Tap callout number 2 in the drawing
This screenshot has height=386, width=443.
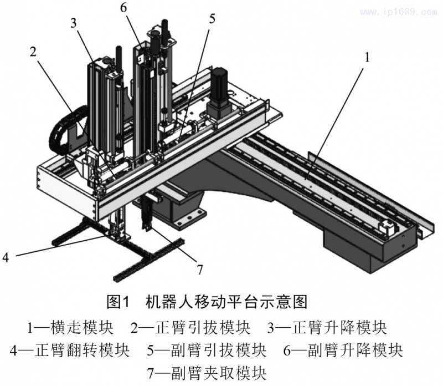[x=33, y=52]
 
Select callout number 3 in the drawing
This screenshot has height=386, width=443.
[x=74, y=23]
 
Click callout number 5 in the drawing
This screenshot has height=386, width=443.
[x=213, y=18]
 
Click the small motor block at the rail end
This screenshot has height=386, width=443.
[x=385, y=227]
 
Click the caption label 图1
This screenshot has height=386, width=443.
[x=117, y=302]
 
